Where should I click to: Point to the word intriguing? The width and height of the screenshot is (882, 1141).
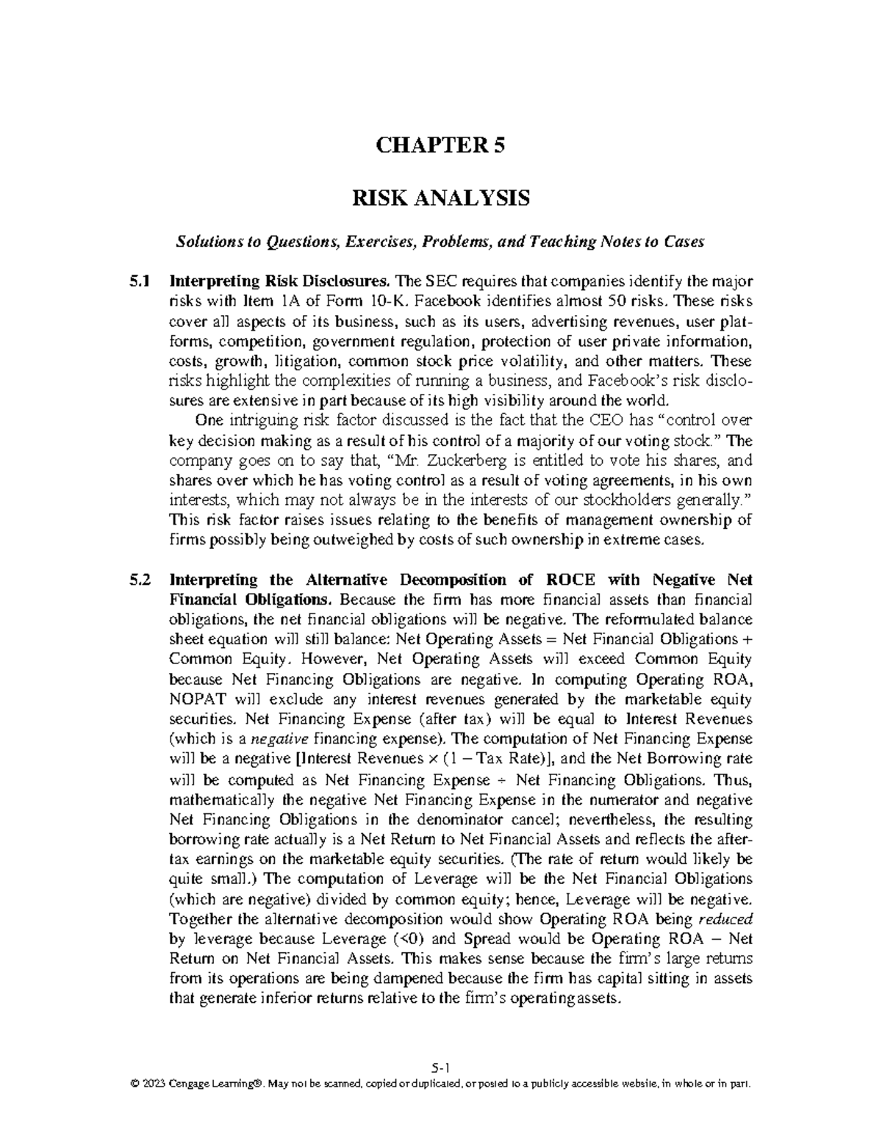(x=257, y=421)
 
